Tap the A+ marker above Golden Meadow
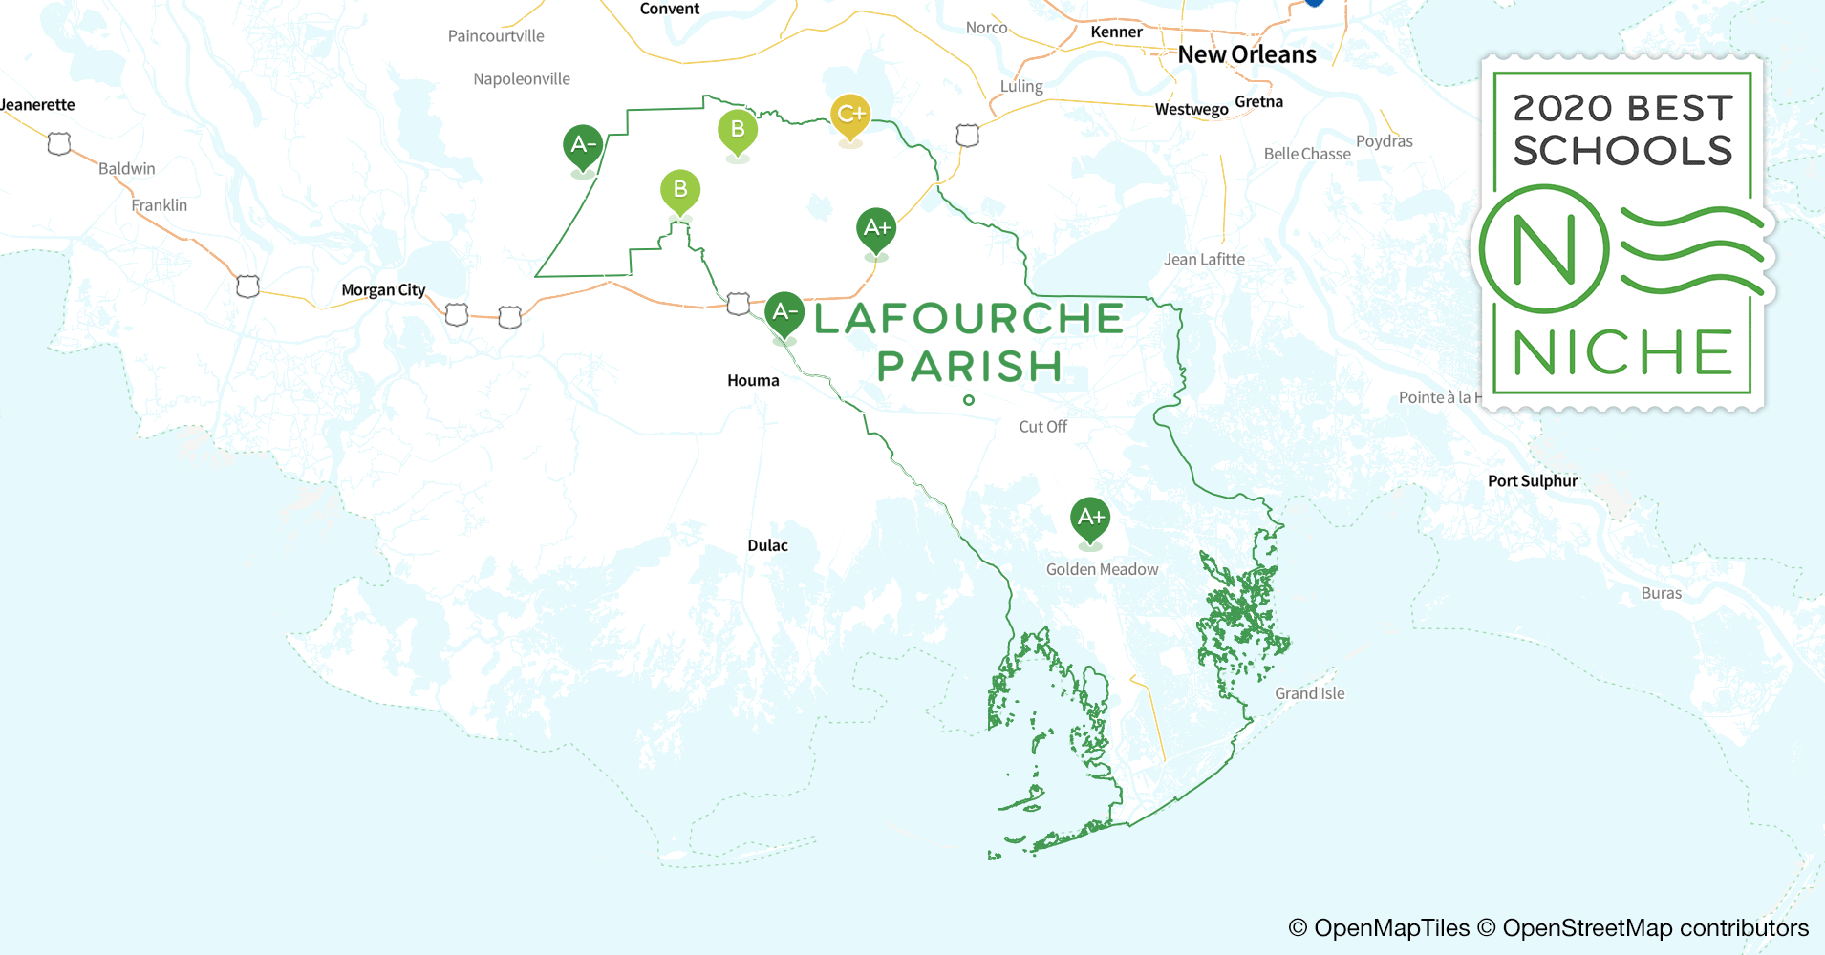[x=1089, y=519]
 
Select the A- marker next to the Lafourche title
[x=784, y=312]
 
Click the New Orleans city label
[x=1246, y=54]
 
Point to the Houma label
[x=753, y=380]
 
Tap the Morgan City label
[x=383, y=290]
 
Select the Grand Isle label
[x=1309, y=693]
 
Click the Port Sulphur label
[x=1532, y=481]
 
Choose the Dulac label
[x=767, y=545]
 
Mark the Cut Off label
[x=1042, y=427]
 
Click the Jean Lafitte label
[x=1204, y=259]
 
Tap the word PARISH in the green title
[x=969, y=367]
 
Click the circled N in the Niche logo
[x=1543, y=249]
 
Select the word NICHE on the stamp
[x=1621, y=352]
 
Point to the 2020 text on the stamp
[x=1563, y=108]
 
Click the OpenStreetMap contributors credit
[x=1655, y=927]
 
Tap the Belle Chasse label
[x=1306, y=154]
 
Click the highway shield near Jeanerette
[x=59, y=144]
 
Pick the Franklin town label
[x=159, y=205]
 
